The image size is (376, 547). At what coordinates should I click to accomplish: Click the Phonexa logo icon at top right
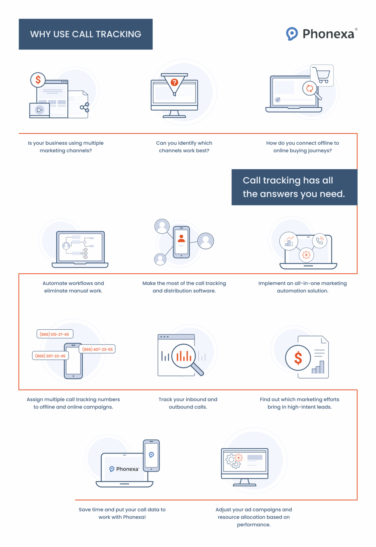tap(292, 34)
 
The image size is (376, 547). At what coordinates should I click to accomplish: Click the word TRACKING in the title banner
tap(118, 34)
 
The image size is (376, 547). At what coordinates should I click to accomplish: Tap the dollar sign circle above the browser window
tap(38, 80)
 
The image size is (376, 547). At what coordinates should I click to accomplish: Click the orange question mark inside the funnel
tap(174, 82)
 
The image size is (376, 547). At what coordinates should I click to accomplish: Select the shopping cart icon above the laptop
tap(322, 75)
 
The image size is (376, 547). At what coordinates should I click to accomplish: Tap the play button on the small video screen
tap(39, 110)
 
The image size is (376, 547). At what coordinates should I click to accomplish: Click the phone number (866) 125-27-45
tap(55, 334)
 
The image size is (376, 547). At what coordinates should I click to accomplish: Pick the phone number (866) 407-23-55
tap(97, 349)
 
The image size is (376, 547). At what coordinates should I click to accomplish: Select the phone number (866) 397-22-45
tap(50, 356)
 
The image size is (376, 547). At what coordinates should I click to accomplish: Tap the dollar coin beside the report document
tap(298, 358)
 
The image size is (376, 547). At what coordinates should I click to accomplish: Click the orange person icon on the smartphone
tap(181, 238)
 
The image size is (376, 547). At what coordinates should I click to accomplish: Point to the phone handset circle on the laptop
tap(319, 240)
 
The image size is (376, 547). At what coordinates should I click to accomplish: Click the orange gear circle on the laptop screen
tap(306, 254)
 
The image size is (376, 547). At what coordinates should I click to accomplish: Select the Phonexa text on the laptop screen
tap(127, 469)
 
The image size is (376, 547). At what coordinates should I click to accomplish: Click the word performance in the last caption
tap(254, 524)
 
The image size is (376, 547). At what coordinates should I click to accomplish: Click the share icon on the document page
tap(84, 107)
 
